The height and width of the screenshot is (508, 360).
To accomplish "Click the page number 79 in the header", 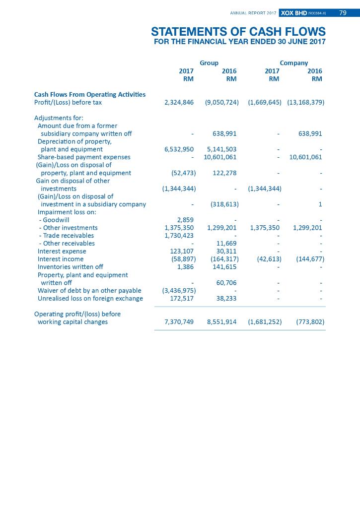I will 343,12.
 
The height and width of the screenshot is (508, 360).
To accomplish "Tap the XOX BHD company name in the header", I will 294,12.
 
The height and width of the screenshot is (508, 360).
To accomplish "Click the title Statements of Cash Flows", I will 238,32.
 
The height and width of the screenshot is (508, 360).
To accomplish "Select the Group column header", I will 209,63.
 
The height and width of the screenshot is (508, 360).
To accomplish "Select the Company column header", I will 293,63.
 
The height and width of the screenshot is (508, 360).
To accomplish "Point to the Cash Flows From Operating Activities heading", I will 90,94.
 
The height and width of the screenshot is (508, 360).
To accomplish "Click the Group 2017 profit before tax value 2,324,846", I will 179,102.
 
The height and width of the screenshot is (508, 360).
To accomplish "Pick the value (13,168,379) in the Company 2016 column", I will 305,102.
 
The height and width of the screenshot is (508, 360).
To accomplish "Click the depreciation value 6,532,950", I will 179,149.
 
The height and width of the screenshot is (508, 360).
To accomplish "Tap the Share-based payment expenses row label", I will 84,157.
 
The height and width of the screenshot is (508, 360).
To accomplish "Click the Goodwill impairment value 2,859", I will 185,220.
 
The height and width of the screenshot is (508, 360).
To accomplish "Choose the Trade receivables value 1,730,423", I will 179,236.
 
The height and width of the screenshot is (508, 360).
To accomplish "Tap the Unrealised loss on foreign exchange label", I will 90,299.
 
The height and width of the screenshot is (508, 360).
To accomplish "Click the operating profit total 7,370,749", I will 179,322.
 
